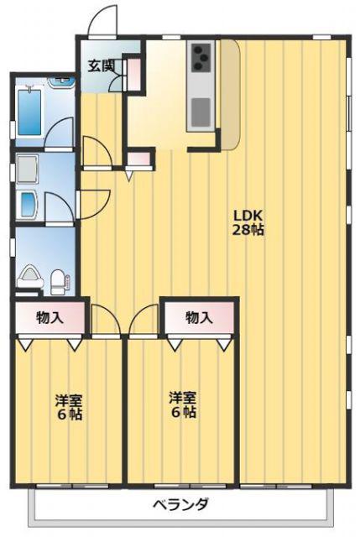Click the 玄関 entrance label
101,65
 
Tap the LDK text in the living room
248,216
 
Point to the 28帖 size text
248,230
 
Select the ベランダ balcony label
180,504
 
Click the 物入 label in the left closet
50,318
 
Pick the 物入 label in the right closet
199,318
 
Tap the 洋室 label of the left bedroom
69,400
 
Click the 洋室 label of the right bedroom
183,399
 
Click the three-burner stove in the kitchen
201,58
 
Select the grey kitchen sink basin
201,112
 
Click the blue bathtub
29,112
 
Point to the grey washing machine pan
27,169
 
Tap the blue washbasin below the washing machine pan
29,205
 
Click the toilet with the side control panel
60,282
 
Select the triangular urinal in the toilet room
30,277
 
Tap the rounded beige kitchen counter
229,95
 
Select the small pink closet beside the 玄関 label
134,73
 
